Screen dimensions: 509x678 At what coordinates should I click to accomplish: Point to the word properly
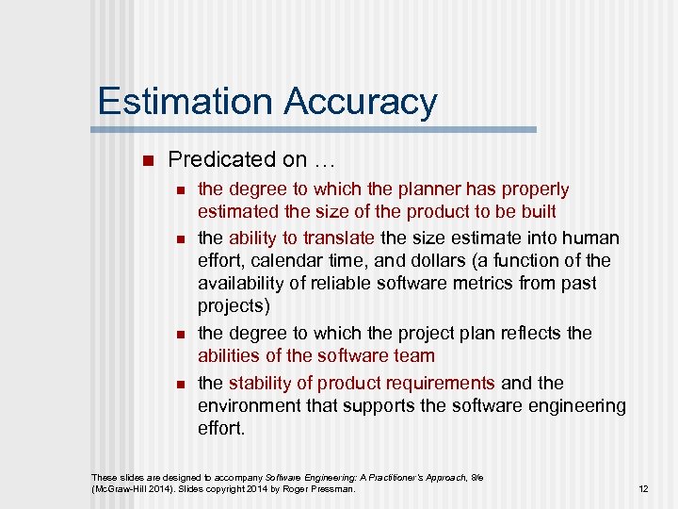(x=532, y=189)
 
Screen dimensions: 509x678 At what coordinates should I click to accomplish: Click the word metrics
(x=460, y=283)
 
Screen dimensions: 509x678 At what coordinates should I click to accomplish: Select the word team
(x=415, y=355)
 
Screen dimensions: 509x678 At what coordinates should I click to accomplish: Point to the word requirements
(x=434, y=383)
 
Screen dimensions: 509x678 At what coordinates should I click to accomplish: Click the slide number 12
(x=643, y=489)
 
